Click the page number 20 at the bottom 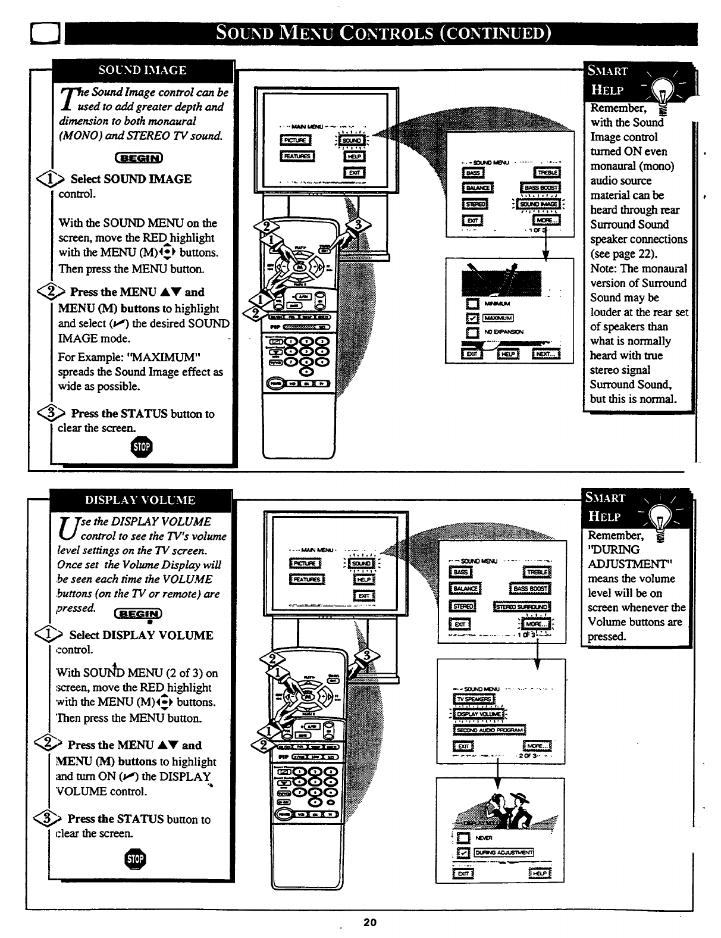(x=370, y=923)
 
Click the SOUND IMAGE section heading (x=142, y=70)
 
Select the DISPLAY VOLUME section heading (x=140, y=500)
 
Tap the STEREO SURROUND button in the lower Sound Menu (x=522, y=606)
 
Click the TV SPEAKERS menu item (x=474, y=699)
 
